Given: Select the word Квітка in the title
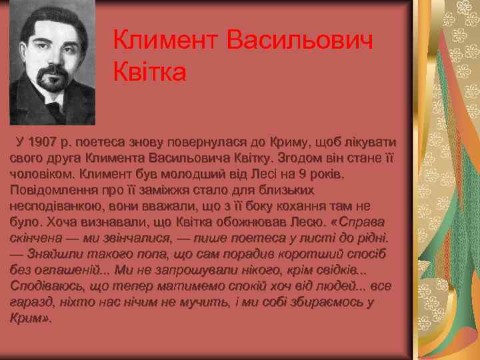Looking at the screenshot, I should coord(150,71).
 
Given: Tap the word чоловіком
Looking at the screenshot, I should coord(40,174).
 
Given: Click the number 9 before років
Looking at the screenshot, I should coord(303,174).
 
